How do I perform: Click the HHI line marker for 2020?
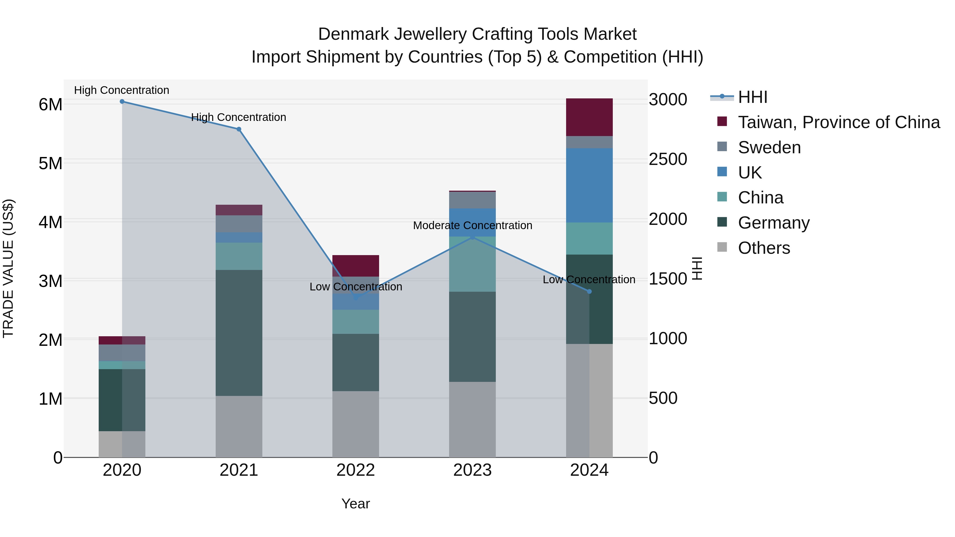tap(122, 102)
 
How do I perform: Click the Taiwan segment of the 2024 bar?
tap(589, 117)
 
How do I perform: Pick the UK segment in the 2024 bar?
tap(589, 185)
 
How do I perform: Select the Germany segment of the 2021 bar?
tap(239, 333)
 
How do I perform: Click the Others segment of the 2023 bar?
tap(472, 420)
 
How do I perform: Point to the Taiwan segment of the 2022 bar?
tap(355, 266)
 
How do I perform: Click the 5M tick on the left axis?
tap(50, 163)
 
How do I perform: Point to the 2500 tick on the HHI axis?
tap(668, 160)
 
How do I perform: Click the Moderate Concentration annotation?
tap(472, 225)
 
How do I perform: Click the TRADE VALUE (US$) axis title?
tap(8, 268)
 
